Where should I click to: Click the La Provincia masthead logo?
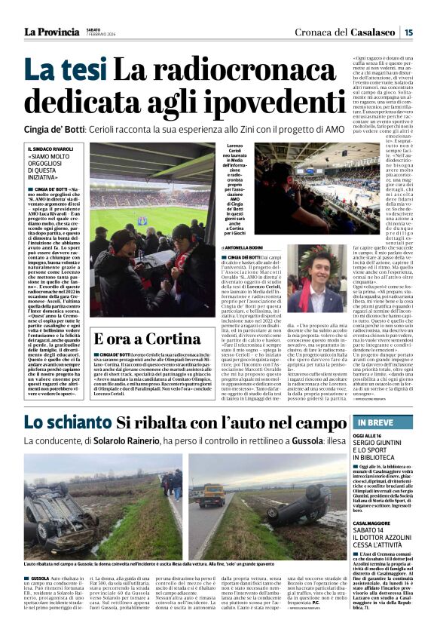click(51, 32)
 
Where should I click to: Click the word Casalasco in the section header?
click(375, 32)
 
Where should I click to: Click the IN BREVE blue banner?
click(383, 423)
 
